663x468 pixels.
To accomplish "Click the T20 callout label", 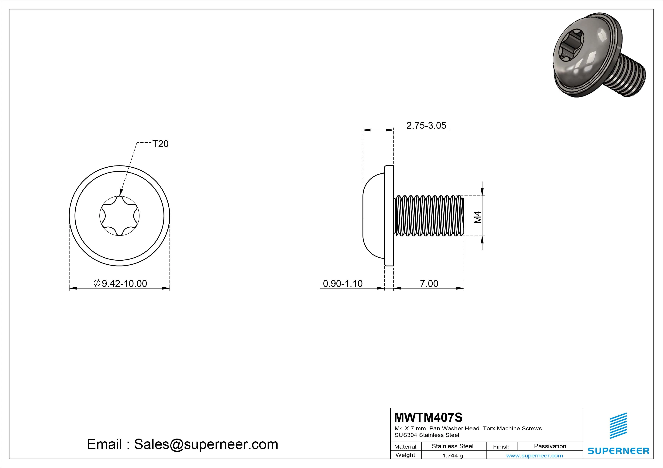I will [160, 144].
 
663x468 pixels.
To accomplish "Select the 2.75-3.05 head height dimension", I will [426, 125].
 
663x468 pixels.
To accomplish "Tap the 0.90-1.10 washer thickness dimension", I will [342, 283].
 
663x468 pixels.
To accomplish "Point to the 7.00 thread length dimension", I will [429, 283].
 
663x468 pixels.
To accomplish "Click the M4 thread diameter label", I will [478, 217].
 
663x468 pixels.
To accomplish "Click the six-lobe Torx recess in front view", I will [119, 216].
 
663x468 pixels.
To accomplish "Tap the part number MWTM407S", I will [428, 417].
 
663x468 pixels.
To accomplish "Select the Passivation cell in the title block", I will [550, 446].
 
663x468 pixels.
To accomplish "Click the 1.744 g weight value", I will [452, 456].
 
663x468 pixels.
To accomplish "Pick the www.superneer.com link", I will [534, 456].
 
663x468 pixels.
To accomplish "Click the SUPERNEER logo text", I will [618, 451].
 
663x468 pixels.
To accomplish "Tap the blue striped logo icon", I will [618, 426].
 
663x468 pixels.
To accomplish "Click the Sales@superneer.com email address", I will [206, 444].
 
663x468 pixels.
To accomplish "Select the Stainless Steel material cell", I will [452, 446].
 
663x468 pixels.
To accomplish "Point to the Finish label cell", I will [501, 446].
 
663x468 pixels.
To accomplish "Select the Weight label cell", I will [405, 455].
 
